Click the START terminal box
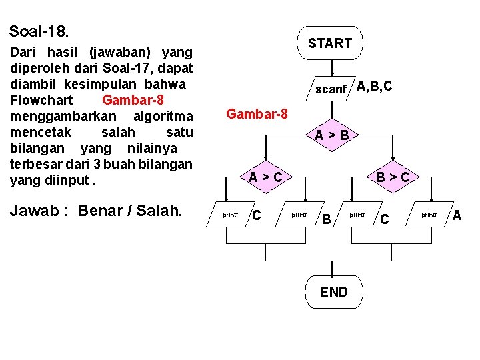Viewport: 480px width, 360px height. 330,43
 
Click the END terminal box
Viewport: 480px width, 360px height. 333,291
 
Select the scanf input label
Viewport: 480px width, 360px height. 331,89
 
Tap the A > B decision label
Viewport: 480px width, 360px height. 332,135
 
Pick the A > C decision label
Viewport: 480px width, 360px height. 265,177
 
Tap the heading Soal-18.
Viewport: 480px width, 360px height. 39,31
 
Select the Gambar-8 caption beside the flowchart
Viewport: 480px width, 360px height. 257,114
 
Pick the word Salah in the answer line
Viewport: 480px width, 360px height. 161,211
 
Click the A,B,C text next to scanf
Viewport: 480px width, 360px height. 374,86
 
